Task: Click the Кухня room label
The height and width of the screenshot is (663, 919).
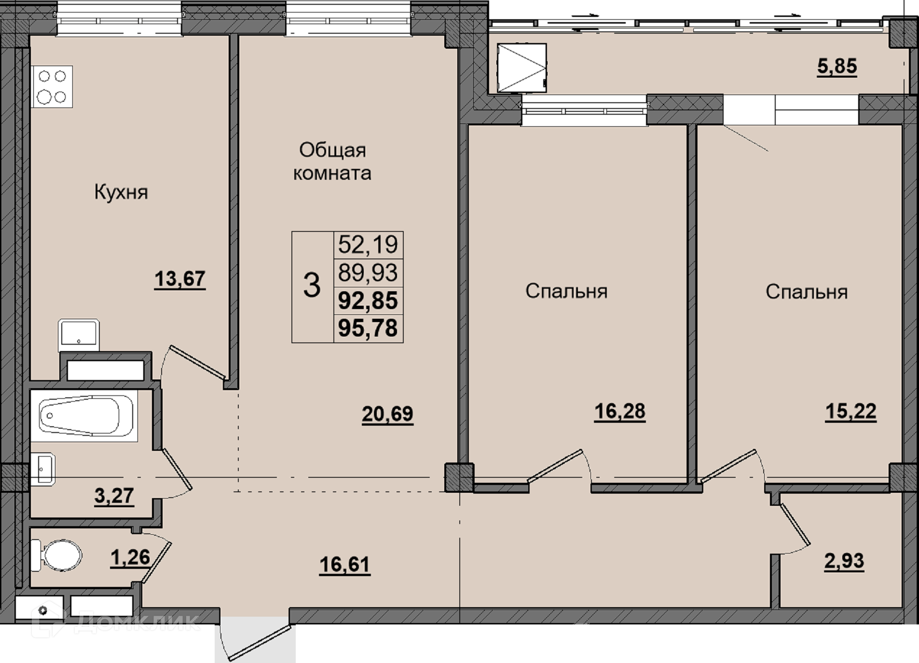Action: [x=121, y=192]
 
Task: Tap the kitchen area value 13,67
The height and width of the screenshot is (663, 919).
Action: [x=180, y=279]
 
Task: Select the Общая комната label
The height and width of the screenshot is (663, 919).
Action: [x=332, y=162]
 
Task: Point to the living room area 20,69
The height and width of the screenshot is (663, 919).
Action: [x=387, y=414]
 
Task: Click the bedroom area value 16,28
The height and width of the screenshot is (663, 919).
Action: [x=619, y=411]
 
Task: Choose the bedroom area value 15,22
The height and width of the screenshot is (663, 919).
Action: [x=850, y=411]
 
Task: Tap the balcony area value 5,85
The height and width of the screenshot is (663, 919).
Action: [x=837, y=66]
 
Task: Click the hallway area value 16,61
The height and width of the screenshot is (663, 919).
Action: [x=344, y=564]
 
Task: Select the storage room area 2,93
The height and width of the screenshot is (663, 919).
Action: [x=844, y=561]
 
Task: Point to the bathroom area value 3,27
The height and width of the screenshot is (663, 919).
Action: [x=114, y=496]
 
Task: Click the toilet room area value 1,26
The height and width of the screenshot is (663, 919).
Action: [x=130, y=557]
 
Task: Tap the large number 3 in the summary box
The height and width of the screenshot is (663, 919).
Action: [x=312, y=285]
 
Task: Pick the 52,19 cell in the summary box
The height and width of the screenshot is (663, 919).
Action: [x=368, y=244]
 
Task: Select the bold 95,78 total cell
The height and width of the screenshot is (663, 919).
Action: [x=368, y=328]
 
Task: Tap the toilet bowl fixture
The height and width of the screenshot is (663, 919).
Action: [x=57, y=555]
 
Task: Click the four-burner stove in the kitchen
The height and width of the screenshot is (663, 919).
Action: [x=53, y=87]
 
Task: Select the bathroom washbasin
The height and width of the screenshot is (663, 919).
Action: [x=43, y=469]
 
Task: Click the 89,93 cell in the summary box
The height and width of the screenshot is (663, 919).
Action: [x=368, y=272]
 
